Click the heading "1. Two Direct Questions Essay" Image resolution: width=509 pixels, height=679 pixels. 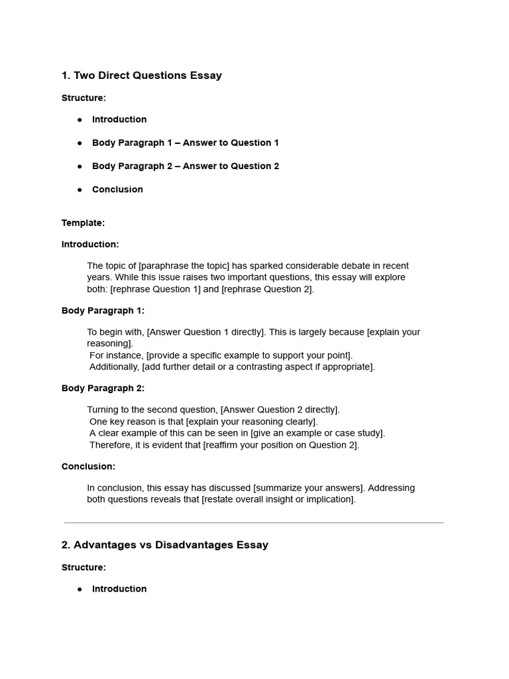click(141, 76)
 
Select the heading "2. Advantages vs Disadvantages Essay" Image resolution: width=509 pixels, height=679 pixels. click(164, 545)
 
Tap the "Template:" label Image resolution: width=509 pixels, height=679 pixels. click(83, 223)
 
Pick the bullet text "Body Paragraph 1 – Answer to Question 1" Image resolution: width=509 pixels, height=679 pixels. click(185, 143)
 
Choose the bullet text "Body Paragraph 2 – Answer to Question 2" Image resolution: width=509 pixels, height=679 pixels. click(185, 166)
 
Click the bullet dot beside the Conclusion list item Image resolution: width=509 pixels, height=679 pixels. click(80, 190)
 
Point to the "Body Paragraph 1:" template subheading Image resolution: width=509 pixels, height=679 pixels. click(103, 310)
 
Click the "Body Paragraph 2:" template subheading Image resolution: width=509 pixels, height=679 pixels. click(103, 388)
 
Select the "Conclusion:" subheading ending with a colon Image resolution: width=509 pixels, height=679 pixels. click(88, 466)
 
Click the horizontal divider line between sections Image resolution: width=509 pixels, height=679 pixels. click(254, 523)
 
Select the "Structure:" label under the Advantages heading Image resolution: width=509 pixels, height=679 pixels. click(84, 568)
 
